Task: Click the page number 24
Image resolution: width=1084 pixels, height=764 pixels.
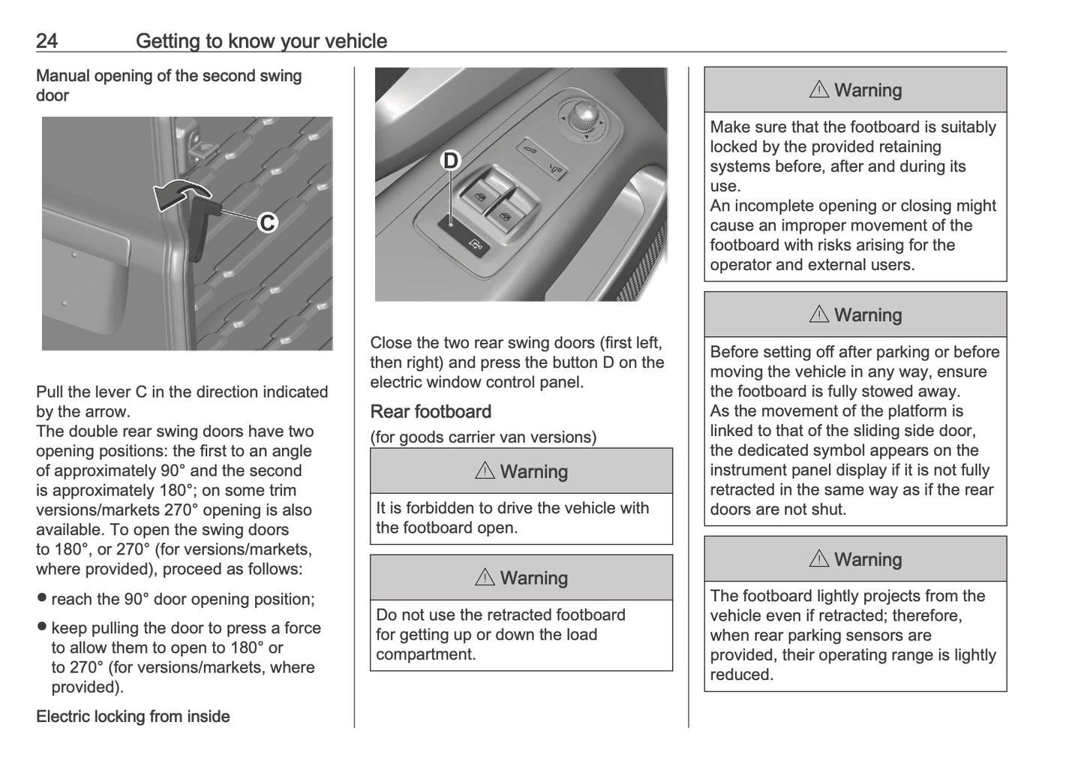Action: pyautogui.click(x=47, y=41)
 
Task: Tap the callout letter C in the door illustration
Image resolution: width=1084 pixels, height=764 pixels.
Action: pyautogui.click(x=268, y=223)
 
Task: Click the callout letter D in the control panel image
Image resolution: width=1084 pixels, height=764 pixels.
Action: pyautogui.click(x=450, y=161)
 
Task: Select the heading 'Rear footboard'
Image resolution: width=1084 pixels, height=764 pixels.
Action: pyautogui.click(x=431, y=411)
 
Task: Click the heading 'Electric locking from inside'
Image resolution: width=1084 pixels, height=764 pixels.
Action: pyautogui.click(x=133, y=716)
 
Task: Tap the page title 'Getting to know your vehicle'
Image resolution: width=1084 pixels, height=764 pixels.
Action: pyautogui.click(x=261, y=41)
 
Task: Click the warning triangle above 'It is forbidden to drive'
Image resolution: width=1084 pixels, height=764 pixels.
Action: pyautogui.click(x=485, y=471)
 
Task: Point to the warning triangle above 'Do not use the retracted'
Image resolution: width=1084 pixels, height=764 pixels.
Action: pyautogui.click(x=485, y=578)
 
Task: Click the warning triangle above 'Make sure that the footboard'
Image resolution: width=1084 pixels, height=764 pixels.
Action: pyautogui.click(x=819, y=90)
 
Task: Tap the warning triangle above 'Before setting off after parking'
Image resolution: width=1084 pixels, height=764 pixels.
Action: pyautogui.click(x=819, y=315)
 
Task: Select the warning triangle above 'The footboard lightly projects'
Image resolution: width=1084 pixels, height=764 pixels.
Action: pyautogui.click(x=819, y=559)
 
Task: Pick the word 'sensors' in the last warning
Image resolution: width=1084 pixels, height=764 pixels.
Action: pyautogui.click(x=903, y=635)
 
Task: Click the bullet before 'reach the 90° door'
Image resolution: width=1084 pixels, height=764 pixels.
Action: pyautogui.click(x=42, y=598)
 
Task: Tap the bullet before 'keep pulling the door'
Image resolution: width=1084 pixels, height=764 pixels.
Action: pyautogui.click(x=42, y=627)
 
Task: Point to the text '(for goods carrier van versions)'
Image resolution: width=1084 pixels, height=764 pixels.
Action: pyautogui.click(x=483, y=437)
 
